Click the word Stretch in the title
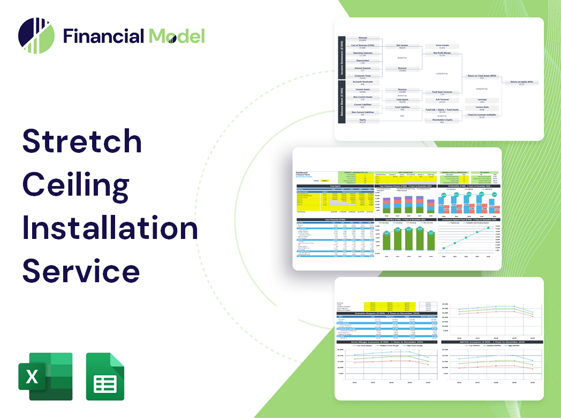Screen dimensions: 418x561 (82, 142)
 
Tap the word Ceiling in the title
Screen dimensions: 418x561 (75, 185)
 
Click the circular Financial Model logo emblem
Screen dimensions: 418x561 (36, 36)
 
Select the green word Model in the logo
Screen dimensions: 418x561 (177, 36)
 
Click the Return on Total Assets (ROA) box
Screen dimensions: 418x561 (481, 77)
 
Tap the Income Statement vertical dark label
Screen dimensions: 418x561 (341, 58)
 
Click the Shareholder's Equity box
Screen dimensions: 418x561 (442, 121)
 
